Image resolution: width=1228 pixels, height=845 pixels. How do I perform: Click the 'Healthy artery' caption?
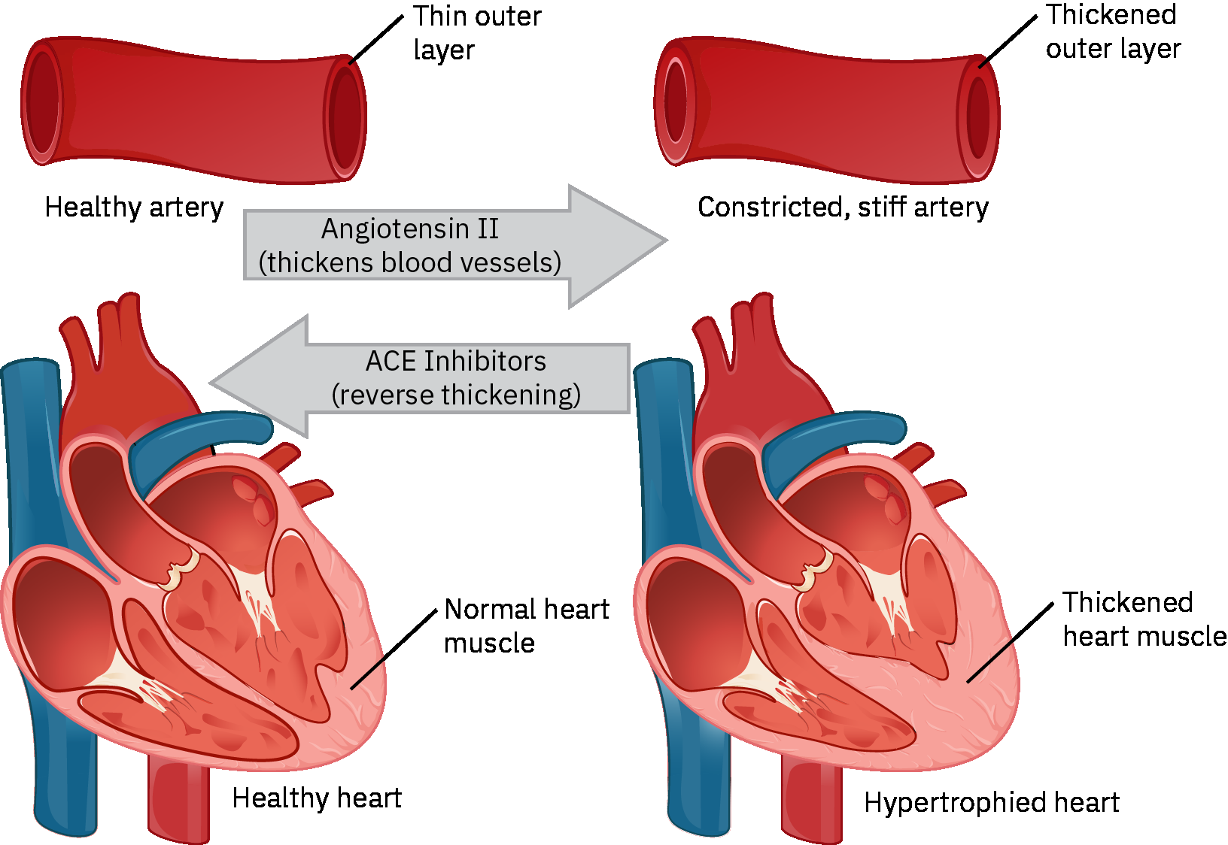point(134,207)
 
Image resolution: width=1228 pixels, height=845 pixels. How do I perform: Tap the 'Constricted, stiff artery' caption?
point(843,207)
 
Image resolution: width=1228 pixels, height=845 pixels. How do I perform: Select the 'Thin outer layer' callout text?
point(476,33)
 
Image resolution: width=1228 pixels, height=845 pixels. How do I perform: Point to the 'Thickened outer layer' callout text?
point(1113,32)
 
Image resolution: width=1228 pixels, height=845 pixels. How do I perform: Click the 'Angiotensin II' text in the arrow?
point(410,229)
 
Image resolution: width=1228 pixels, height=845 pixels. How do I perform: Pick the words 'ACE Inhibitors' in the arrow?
point(456,361)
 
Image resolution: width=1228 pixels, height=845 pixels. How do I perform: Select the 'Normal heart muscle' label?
point(526,625)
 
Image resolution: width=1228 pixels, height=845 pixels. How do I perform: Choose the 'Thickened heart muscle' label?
point(1144,619)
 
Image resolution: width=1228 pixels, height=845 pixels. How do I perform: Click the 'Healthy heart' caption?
point(317,798)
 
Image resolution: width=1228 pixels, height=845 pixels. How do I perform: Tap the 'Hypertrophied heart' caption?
point(991,802)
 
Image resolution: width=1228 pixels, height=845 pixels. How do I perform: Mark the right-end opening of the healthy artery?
point(345,120)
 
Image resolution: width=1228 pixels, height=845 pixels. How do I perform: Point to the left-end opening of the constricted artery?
point(675,101)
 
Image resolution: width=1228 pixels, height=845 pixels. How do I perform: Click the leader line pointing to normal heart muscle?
point(394,649)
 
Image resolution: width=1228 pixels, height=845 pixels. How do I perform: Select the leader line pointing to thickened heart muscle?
point(1010,643)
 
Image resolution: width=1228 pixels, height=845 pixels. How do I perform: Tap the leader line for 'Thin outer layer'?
point(376,39)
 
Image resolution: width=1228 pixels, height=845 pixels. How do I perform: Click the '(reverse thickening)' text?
point(456,395)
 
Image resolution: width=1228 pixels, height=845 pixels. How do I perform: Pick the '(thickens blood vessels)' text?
point(410,262)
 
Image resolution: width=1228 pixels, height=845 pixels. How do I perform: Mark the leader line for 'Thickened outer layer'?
point(1008,41)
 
